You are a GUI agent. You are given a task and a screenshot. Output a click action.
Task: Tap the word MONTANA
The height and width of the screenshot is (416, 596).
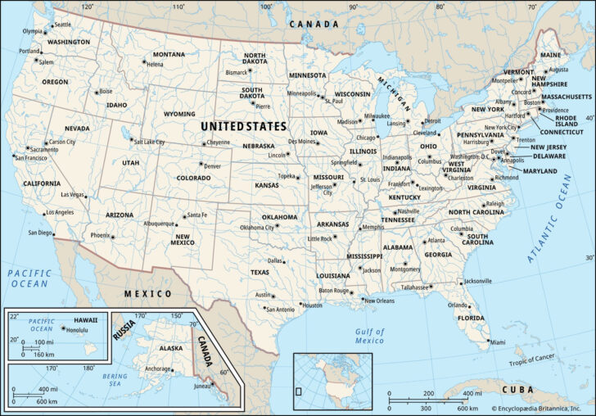[x=169, y=54]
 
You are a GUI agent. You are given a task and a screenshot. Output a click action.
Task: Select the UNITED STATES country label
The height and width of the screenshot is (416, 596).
[x=244, y=127]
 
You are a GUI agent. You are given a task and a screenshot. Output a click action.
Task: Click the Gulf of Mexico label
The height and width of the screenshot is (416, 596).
[x=369, y=335]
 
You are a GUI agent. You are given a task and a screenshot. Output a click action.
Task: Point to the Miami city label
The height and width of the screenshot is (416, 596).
[x=497, y=342]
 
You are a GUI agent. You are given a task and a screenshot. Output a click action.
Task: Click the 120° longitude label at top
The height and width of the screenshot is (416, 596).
[x=88, y=7]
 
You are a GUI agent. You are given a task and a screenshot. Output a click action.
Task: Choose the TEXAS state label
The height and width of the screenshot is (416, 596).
[x=260, y=272]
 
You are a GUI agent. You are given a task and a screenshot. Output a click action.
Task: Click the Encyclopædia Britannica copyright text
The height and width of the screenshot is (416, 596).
[x=541, y=407]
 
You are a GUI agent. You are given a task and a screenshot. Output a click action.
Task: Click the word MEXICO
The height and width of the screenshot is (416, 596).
[x=147, y=293]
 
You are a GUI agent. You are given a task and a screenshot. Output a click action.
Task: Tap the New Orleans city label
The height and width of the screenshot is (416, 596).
[x=380, y=301]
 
